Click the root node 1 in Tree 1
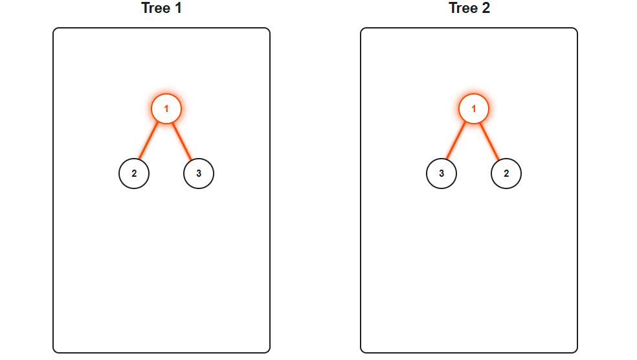166,109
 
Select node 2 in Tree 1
134,174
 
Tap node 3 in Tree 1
199,174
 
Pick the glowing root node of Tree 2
474,109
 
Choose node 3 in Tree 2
441,174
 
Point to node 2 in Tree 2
506,174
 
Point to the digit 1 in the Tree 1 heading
178,8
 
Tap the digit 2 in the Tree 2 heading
486,8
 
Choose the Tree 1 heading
161,8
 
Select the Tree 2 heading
469,8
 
